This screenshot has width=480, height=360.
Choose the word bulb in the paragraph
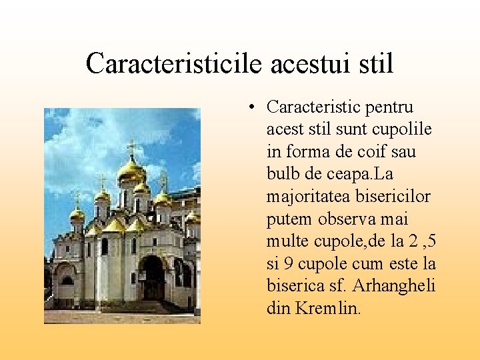click(x=283, y=174)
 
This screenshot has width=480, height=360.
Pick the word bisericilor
click(x=395, y=197)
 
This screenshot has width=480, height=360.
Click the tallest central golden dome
click(x=131, y=169)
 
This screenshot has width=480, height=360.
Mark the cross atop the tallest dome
click(x=131, y=146)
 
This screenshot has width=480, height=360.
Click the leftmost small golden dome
click(x=77, y=213)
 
